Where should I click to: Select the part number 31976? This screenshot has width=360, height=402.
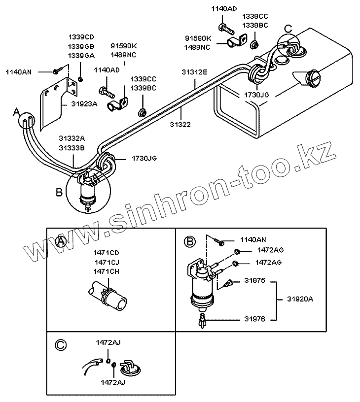pos(254,319)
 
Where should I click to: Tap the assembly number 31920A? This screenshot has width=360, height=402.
pos(301,299)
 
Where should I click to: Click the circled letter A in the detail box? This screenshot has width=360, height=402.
pos(61,241)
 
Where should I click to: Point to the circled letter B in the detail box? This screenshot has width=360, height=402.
pos(189,241)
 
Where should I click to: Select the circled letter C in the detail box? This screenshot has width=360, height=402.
pos(61,345)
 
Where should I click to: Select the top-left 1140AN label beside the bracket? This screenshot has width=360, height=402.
pos(18,72)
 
